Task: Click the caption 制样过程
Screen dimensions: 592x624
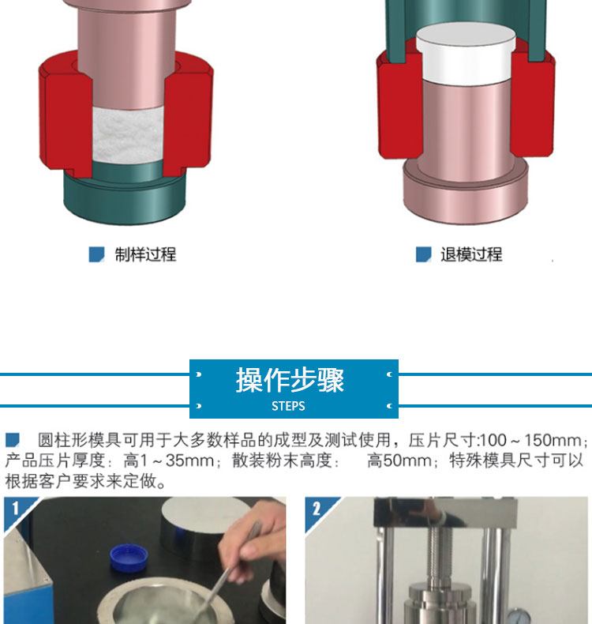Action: [145, 254]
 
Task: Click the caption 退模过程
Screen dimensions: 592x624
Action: [471, 254]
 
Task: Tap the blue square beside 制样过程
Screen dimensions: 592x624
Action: [96, 254]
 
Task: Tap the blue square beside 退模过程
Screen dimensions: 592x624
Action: [423, 254]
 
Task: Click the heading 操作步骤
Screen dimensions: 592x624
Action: [290, 380]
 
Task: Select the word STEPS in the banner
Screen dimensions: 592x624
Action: [288, 406]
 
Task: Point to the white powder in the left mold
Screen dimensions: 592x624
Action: [127, 135]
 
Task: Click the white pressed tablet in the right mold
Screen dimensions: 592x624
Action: [466, 54]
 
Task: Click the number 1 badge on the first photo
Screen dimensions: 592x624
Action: [15, 508]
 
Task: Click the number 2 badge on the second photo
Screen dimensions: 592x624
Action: [317, 509]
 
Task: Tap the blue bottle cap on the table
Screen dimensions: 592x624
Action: [129, 558]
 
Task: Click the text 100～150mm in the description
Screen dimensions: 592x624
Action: [530, 441]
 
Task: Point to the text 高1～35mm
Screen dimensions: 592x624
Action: [169, 460]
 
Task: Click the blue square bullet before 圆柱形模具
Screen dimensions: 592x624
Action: [13, 440]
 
